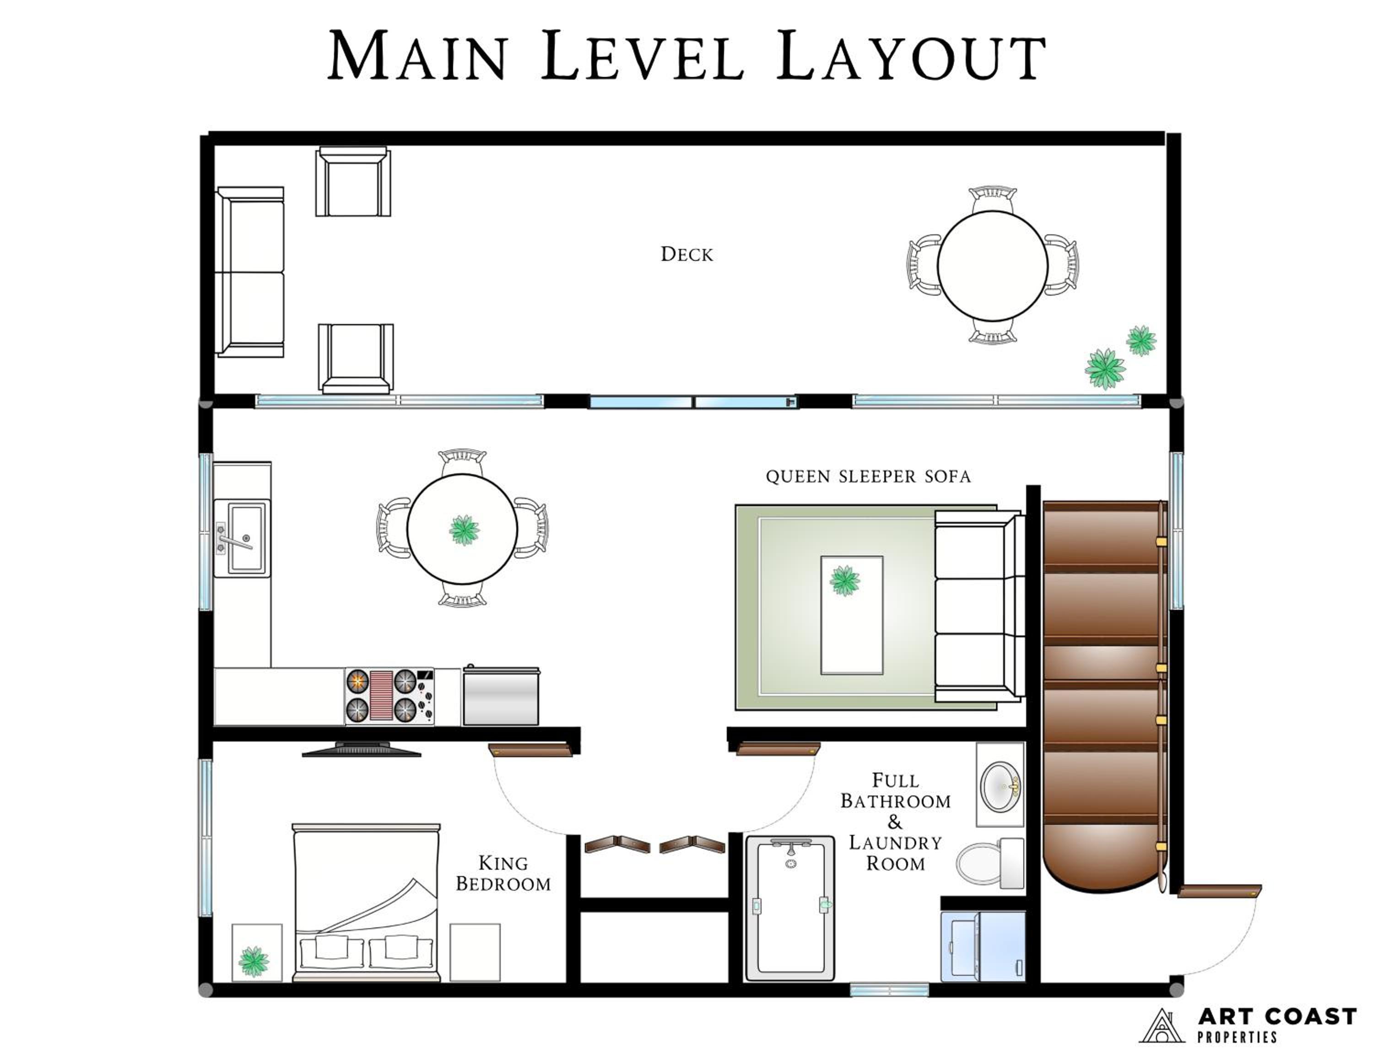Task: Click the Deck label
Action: [x=686, y=254]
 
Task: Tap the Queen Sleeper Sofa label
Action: [x=868, y=476]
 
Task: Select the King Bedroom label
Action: [x=503, y=873]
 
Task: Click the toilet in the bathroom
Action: [x=990, y=862]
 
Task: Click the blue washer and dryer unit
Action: [x=983, y=946]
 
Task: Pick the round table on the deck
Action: [x=992, y=266]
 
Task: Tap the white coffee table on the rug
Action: [x=852, y=615]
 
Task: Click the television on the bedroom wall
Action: [x=362, y=749]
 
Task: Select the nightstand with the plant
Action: [x=256, y=952]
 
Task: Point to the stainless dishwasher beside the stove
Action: [x=501, y=696]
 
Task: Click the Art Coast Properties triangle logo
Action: [x=1162, y=1026]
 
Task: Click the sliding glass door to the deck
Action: [x=693, y=401]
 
